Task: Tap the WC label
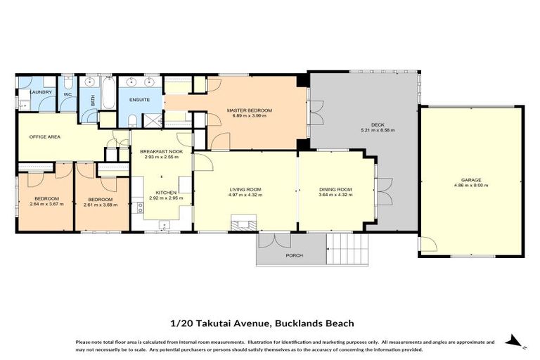point(67,94)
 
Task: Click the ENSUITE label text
point(138,100)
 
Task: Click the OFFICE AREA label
point(44,136)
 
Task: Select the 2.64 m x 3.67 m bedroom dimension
point(46,204)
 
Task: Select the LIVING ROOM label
point(245,189)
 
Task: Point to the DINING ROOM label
point(335,189)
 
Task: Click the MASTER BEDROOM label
point(249,110)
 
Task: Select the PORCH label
point(294,255)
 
